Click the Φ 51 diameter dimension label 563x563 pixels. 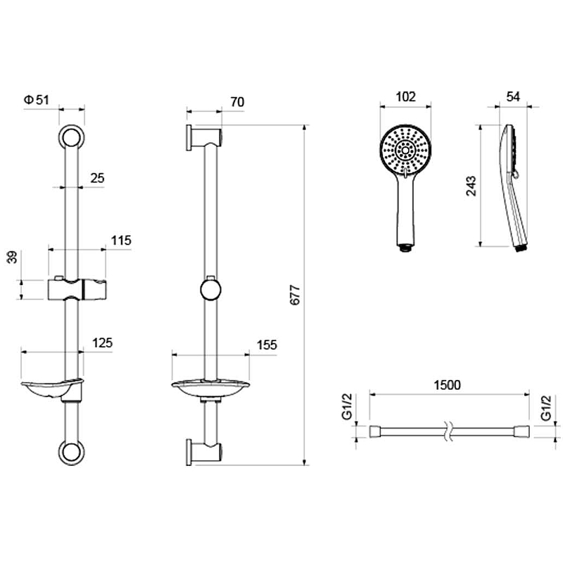click(37, 99)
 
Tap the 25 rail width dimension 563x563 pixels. click(97, 178)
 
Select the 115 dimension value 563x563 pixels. click(121, 240)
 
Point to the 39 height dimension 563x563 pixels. click(13, 258)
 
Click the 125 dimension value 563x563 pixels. click(102, 343)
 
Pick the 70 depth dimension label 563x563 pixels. click(237, 102)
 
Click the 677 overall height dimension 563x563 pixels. click(295, 295)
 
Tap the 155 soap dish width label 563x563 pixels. click(267, 345)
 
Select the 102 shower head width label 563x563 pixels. click(406, 96)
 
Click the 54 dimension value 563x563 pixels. click(513, 96)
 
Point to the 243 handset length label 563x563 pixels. click(471, 186)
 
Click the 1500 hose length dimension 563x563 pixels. click(447, 385)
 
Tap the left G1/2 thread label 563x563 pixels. click(347, 407)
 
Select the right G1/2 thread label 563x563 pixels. click(546, 407)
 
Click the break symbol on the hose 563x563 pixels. click(447, 431)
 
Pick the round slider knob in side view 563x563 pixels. click(210, 290)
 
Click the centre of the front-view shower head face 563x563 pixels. click(406, 150)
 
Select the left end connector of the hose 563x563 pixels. click(375, 431)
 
